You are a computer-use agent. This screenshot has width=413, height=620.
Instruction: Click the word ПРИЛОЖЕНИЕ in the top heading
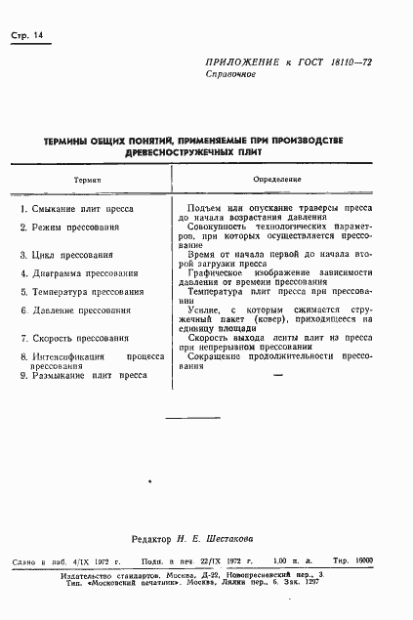point(244,61)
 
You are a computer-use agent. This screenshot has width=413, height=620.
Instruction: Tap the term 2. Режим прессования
point(71,227)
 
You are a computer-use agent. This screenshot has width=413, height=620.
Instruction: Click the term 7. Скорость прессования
point(76,339)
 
